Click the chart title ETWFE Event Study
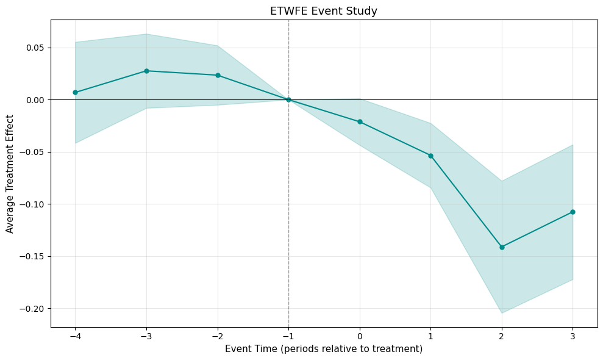(x=324, y=10)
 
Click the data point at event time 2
(x=502, y=247)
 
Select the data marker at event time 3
(x=573, y=212)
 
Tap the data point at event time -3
(x=146, y=71)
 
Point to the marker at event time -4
(x=75, y=92)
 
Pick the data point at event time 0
(x=360, y=121)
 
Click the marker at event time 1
(x=430, y=156)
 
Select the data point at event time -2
(x=218, y=75)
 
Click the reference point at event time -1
(x=288, y=99)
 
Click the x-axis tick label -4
(x=75, y=336)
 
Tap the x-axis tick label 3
(x=573, y=336)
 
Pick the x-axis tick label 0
(x=360, y=336)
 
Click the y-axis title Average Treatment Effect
(x=10, y=173)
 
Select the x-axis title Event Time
(x=324, y=349)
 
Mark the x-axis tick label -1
(x=288, y=336)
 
